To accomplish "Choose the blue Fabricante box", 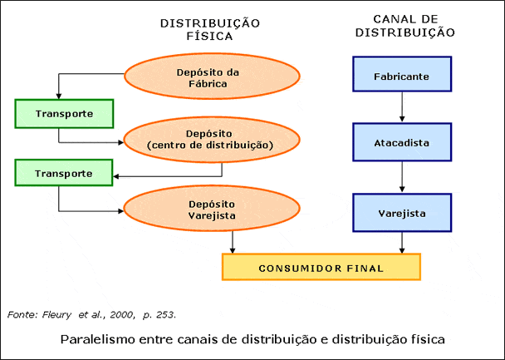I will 402,76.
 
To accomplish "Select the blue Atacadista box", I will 402,143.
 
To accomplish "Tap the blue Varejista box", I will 402,213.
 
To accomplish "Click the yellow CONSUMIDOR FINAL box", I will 321,268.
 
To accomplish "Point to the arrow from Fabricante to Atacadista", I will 402,107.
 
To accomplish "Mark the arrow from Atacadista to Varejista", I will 402,176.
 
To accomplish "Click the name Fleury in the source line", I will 48,314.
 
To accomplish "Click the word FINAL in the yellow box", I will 364,268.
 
